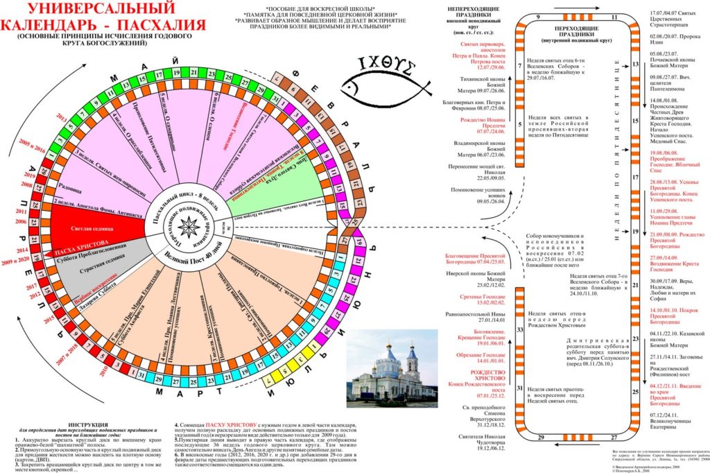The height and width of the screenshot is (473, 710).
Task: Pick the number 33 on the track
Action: click(519, 330)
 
